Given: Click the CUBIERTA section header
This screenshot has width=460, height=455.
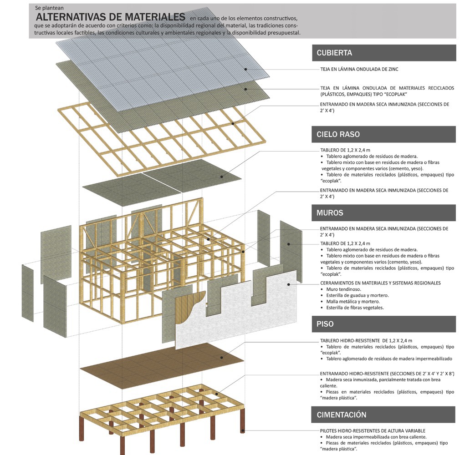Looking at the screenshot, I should click(383, 53).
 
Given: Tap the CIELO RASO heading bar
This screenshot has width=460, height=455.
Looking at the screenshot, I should click(383, 134).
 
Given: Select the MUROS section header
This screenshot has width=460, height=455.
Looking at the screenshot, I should click(383, 212).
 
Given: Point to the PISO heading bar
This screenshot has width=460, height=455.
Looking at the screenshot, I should click(383, 324).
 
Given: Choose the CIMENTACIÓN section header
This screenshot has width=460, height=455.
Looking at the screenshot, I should click(383, 415).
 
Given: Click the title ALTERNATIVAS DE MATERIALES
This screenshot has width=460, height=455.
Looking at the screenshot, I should click(111, 17).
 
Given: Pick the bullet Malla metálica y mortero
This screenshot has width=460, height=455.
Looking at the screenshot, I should click(353, 301).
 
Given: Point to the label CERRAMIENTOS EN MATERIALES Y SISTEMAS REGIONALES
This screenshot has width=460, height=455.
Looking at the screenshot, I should click(380, 283).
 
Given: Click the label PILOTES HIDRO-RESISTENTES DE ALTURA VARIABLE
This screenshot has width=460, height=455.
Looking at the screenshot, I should click(373, 430).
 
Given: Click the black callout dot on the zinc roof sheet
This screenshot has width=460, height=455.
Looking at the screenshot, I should click(245, 69).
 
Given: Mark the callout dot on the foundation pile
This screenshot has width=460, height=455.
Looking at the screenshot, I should click(243, 430).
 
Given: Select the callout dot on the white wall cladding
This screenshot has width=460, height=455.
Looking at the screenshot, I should click(289, 285).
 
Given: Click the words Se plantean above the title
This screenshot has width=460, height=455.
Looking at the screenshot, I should click(50, 8).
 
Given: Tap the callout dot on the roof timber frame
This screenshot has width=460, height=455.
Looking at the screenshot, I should click(232, 123).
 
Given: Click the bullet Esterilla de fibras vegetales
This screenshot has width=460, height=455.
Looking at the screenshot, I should click(355, 307).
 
